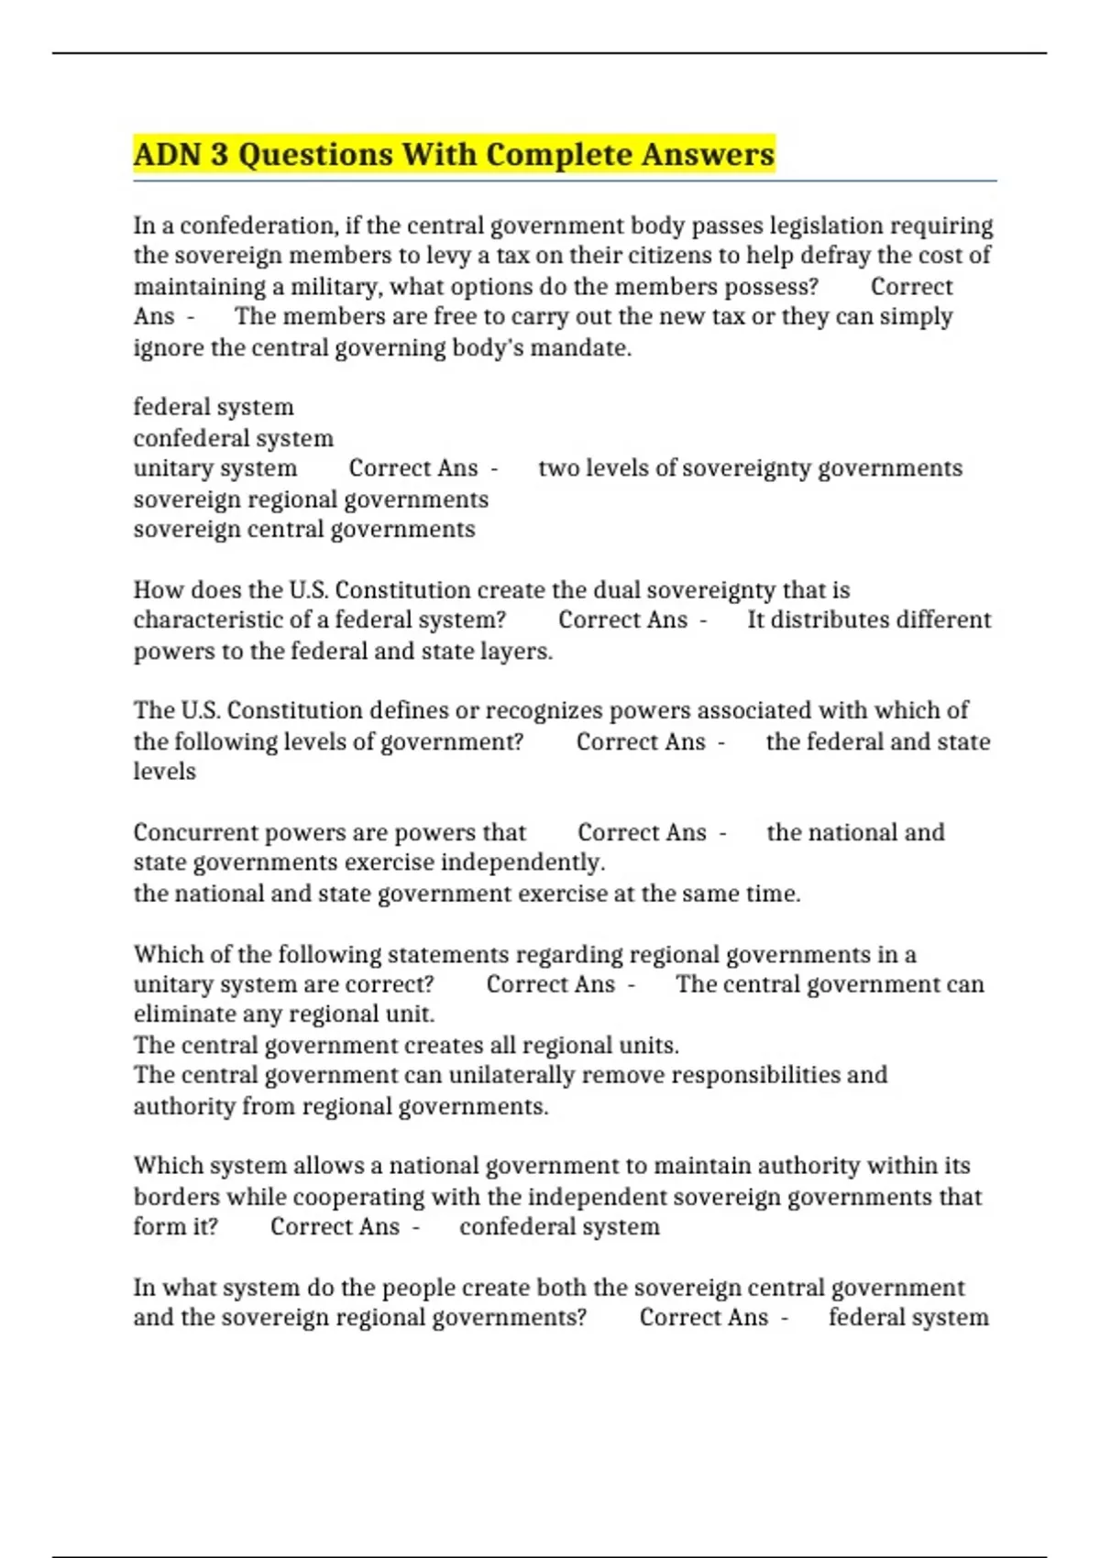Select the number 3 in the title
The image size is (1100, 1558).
pyautogui.click(x=219, y=154)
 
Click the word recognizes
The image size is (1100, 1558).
pyautogui.click(x=543, y=711)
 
